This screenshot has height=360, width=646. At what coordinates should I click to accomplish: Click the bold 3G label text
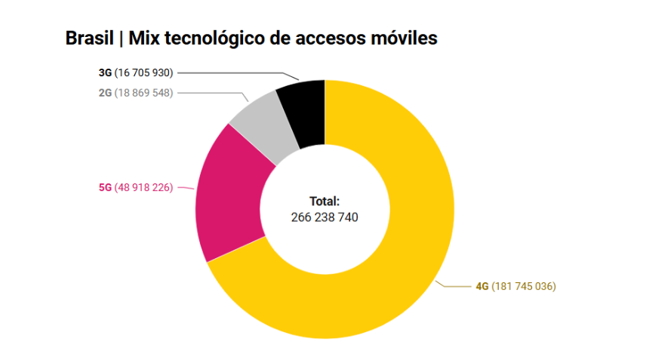click(x=105, y=73)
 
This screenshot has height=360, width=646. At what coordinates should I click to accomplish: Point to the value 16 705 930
click(x=143, y=73)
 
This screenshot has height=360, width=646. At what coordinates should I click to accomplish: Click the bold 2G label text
click(x=105, y=92)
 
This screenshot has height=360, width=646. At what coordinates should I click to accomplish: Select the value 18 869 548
click(x=143, y=92)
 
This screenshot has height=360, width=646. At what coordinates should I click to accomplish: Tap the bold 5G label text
click(x=105, y=187)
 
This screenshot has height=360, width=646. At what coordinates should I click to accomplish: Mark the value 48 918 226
click(x=143, y=187)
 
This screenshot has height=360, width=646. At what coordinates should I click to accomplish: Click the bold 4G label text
click(x=482, y=287)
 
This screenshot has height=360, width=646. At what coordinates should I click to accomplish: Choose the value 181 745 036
click(x=524, y=287)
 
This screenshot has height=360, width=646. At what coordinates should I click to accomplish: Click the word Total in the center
click(x=325, y=202)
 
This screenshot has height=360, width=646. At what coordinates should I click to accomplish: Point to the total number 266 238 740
click(x=325, y=217)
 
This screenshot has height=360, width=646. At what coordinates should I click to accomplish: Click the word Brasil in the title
click(x=88, y=38)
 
